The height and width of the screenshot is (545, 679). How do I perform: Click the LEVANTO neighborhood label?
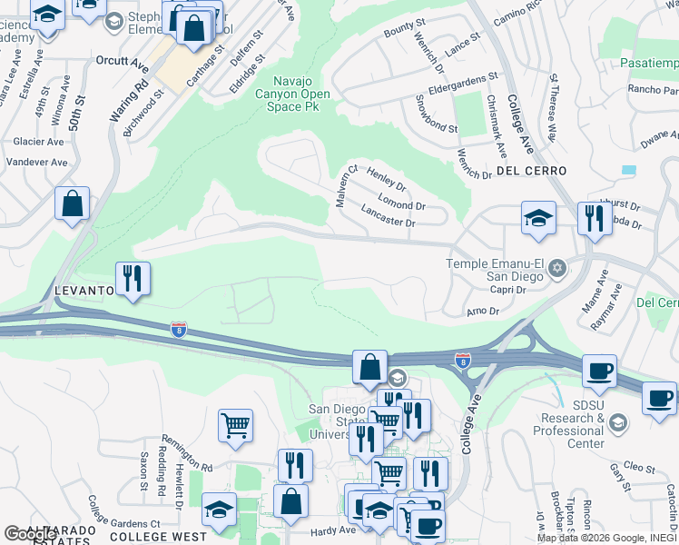[84, 291]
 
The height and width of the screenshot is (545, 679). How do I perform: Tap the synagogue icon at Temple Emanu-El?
[557, 267]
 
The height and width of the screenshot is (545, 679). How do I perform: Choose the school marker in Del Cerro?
[538, 218]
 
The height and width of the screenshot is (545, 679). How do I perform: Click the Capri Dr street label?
[508, 290]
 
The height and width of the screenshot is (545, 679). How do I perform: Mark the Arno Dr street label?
[482, 312]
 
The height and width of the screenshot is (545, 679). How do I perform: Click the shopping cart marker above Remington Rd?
[235, 423]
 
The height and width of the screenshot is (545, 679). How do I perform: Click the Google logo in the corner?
[30, 534]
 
